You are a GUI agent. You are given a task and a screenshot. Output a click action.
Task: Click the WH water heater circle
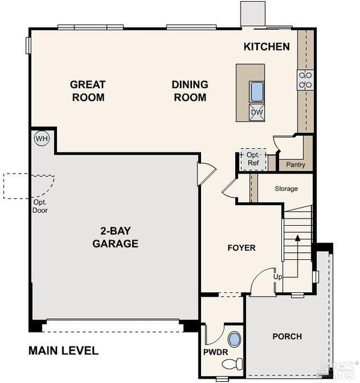pos(42,139)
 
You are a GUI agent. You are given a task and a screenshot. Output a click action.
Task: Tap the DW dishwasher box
pos(257,112)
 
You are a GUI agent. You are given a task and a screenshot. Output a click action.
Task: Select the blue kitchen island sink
pos(257,92)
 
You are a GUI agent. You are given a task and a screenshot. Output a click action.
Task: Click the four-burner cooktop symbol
pos(305,80)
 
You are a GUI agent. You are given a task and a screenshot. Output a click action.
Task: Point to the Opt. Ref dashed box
pos(253,159)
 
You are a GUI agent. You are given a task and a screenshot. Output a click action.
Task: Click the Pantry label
pos(296,164)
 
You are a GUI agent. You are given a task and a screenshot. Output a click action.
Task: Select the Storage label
pos(286,188)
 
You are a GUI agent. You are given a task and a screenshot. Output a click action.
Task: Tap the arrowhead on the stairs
pos(298,238)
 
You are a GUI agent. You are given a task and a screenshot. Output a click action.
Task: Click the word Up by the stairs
pos(278,277)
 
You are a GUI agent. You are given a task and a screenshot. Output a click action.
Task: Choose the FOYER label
pos(241,248)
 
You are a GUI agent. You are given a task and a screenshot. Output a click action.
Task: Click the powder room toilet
pos(232,364)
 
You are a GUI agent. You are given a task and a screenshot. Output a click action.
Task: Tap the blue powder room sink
pos(235,339)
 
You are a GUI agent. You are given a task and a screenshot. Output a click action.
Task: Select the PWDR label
pos(215,352)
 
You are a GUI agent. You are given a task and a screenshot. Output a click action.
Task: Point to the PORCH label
pos(287,336)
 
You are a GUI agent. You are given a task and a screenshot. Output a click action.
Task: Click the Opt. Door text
pos(40,206)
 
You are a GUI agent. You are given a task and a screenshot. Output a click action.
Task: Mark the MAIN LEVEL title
pos(64,351)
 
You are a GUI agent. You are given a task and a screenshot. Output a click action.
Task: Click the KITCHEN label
pos(266,47)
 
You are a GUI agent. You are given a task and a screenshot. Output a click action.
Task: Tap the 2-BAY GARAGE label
pos(115,237)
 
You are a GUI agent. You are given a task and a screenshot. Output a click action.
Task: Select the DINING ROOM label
pos(190,91)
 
